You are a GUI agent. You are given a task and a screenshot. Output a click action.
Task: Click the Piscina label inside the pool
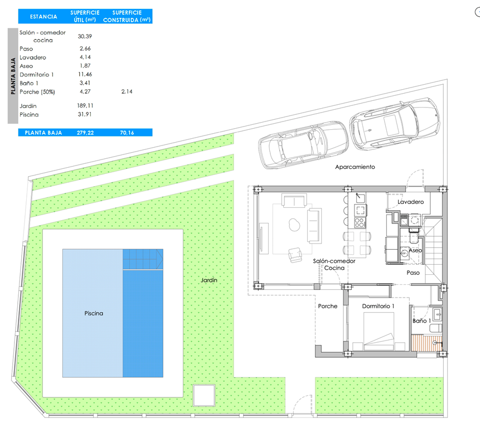click(94, 313)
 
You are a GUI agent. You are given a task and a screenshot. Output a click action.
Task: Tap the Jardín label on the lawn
click(209, 280)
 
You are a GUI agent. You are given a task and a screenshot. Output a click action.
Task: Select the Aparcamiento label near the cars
click(355, 167)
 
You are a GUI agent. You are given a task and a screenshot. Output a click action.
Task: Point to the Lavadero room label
click(410, 202)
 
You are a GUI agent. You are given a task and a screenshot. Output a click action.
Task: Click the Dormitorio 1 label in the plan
click(378, 306)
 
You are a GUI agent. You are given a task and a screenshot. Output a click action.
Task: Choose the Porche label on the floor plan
click(328, 306)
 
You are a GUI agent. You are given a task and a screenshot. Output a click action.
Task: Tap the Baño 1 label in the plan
click(421, 320)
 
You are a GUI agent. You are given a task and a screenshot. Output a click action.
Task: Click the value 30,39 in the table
click(85, 36)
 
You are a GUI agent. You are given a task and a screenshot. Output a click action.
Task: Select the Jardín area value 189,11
click(85, 105)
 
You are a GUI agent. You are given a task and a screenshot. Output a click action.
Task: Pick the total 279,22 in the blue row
click(85, 133)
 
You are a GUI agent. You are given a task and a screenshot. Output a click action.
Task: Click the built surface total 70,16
click(127, 133)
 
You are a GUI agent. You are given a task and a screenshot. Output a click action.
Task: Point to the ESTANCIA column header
click(43, 17)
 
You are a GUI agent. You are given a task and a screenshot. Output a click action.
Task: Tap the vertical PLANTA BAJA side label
click(13, 76)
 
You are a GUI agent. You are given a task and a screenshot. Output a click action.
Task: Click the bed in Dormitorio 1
click(379, 332)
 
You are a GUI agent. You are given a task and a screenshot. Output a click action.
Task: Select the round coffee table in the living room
click(294, 225)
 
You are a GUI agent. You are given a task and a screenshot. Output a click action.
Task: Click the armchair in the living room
click(295, 255)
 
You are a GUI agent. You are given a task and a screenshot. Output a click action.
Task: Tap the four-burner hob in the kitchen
click(360, 222)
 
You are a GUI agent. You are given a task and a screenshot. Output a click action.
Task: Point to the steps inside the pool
click(143, 260)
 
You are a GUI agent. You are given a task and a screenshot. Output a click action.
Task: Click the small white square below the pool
click(204, 395)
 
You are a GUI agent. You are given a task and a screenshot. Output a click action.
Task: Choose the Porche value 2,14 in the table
click(127, 91)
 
